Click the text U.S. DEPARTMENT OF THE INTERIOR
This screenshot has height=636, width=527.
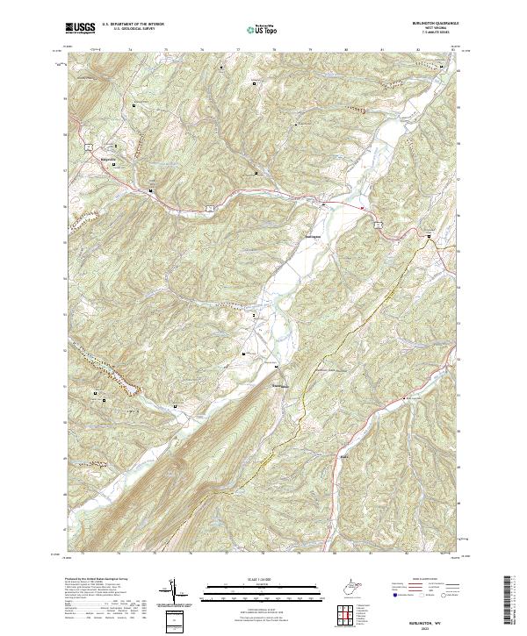pyautogui.click(x=133, y=24)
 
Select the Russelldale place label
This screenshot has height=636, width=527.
pyautogui.click(x=278, y=384)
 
